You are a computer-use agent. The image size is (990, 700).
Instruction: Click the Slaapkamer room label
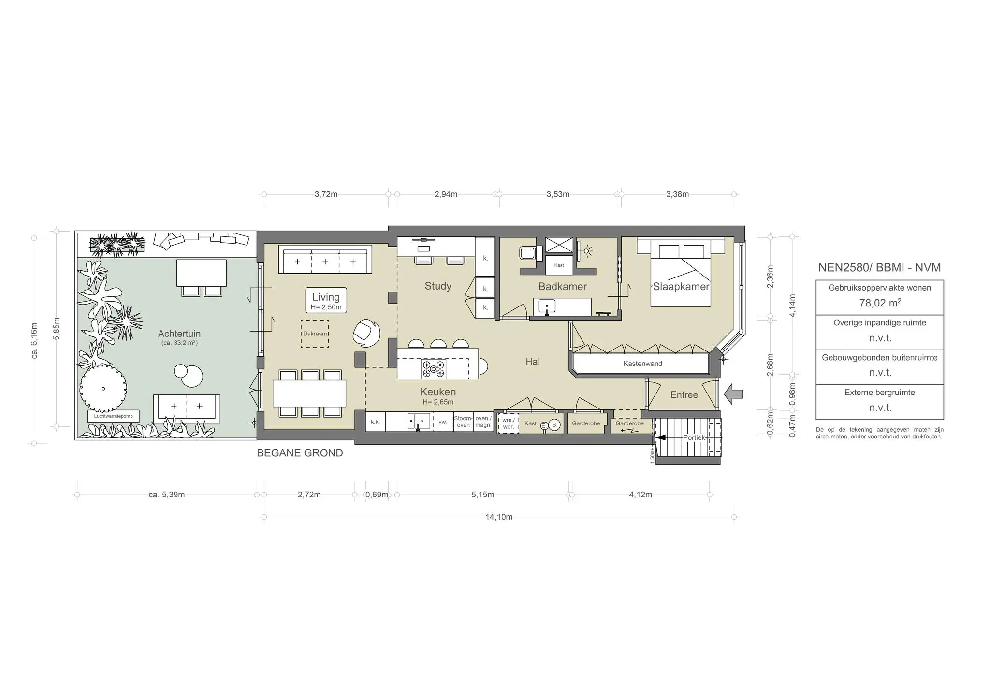(681, 287)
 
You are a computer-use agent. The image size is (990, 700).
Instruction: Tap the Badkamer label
(562, 287)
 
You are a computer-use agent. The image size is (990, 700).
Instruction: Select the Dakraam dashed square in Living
(315, 334)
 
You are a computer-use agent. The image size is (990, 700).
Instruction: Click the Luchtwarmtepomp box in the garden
(114, 416)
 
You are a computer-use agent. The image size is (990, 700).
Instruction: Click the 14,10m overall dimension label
(499, 517)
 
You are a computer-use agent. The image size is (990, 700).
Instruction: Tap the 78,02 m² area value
(880, 303)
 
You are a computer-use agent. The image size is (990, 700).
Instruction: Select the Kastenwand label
(642, 364)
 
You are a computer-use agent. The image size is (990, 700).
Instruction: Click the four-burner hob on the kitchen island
(434, 369)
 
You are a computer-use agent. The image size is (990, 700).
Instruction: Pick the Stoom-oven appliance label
(463, 422)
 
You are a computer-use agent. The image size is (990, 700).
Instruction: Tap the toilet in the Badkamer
(529, 252)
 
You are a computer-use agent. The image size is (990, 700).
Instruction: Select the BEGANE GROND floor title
(300, 453)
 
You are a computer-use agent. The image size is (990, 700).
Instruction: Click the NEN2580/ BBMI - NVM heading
(879, 268)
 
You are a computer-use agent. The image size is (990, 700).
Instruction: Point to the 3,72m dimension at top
(326, 194)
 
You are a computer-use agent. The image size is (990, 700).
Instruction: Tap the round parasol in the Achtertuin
(103, 388)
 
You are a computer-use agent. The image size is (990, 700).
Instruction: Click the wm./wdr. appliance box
(508, 423)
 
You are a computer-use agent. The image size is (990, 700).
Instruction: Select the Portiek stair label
(694, 437)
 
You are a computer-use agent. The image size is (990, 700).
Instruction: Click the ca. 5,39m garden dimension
(167, 495)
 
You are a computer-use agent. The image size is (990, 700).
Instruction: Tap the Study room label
(438, 286)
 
